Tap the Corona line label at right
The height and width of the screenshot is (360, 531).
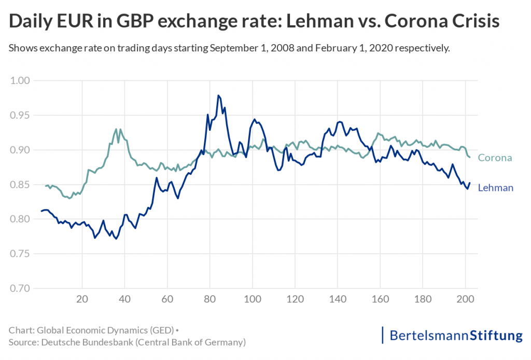click(x=495, y=158)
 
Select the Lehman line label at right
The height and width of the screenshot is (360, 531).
click(x=495, y=188)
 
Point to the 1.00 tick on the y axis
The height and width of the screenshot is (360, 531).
click(x=21, y=80)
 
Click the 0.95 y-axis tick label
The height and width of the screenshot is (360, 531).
click(x=21, y=115)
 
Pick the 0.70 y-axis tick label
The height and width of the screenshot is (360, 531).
click(x=21, y=288)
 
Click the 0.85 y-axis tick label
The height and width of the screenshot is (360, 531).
click(x=21, y=185)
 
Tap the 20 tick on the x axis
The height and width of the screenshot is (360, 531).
click(x=82, y=299)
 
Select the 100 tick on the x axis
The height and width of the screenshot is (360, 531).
click(x=252, y=299)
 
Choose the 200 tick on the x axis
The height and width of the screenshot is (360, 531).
click(x=465, y=299)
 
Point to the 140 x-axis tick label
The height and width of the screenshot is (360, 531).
click(x=338, y=299)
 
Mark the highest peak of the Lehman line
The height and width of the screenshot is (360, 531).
click(x=219, y=95)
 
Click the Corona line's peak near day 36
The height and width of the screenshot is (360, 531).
click(x=117, y=129)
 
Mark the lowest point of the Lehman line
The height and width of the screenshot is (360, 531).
click(x=116, y=239)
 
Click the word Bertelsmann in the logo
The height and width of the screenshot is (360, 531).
click(x=429, y=336)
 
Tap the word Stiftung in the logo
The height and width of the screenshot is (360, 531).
click(x=496, y=336)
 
